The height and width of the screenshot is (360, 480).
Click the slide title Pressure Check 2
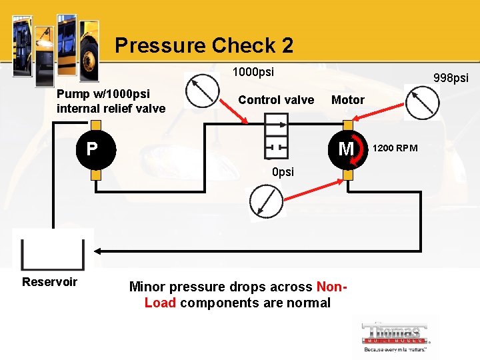(x=203, y=45)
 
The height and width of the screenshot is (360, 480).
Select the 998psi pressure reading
(x=451, y=78)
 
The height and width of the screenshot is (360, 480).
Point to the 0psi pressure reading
(x=283, y=172)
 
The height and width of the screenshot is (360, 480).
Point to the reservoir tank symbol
(x=53, y=252)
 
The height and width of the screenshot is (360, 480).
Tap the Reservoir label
(x=49, y=281)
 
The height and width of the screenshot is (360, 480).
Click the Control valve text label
(x=276, y=100)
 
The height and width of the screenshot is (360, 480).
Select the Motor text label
(x=348, y=100)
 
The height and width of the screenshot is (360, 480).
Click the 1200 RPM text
(x=395, y=148)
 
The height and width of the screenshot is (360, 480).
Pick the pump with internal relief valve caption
(x=111, y=101)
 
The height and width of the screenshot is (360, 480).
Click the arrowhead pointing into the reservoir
(x=97, y=252)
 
